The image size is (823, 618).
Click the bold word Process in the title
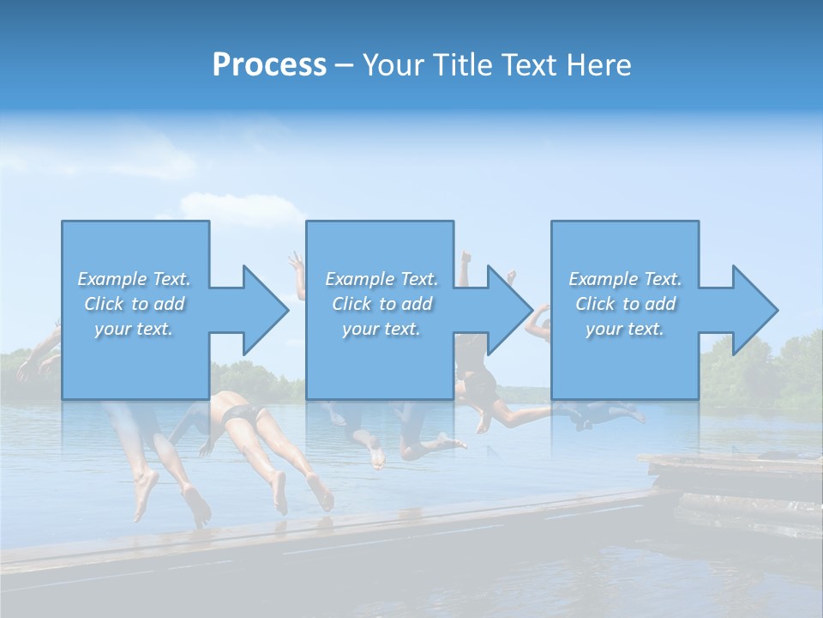coord(269,65)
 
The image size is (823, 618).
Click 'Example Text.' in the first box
coord(134,279)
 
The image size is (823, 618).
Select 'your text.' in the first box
coord(134,329)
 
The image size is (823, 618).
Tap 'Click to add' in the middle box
coord(381,304)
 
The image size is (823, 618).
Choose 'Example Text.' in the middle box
coord(381,279)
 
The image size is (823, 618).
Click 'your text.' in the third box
coord(625,329)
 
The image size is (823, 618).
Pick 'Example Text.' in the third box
coord(625,279)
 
